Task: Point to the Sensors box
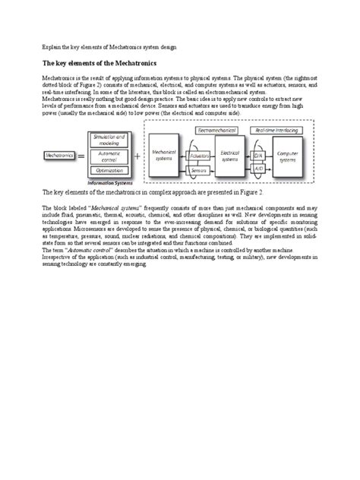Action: click(201, 172)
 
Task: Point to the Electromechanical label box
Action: click(220, 131)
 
